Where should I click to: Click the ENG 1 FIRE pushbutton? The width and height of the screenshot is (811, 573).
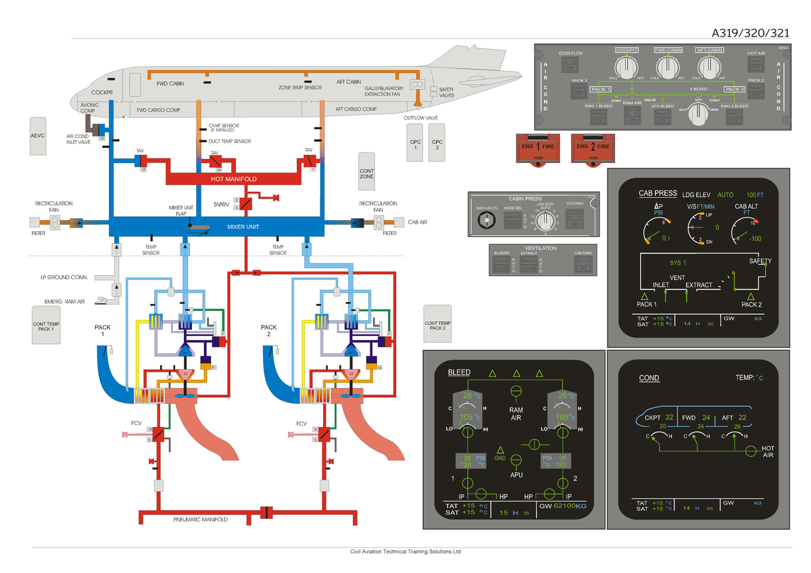(x=539, y=147)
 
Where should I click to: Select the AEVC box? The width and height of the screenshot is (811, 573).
(x=39, y=135)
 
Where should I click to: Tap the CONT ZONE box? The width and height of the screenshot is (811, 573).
(x=367, y=174)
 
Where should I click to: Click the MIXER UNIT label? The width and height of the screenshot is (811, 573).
(x=243, y=226)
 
